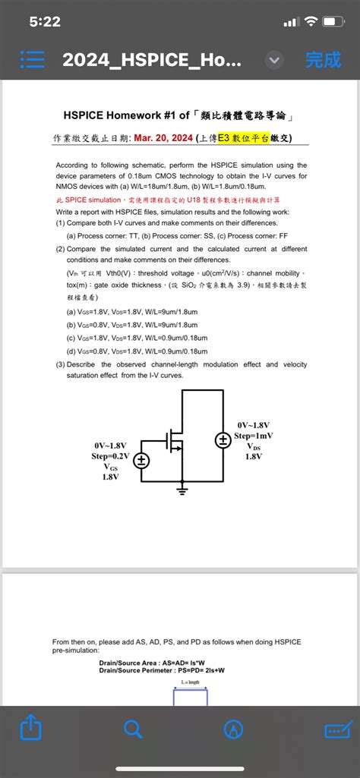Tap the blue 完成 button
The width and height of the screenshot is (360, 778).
[323, 60]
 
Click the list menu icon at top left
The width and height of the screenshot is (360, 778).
[33, 60]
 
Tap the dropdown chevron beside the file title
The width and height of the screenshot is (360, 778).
[274, 60]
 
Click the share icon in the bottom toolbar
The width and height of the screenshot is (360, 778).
[30, 729]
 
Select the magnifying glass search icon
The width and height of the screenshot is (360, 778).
[132, 729]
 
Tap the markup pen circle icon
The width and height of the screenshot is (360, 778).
[233, 729]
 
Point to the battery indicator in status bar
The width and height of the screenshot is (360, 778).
[333, 22]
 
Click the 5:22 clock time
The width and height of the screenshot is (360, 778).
[45, 22]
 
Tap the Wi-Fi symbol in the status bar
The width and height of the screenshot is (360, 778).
[310, 22]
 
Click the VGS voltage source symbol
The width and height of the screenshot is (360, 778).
[141, 460]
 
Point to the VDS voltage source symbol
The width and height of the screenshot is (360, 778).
[223, 440]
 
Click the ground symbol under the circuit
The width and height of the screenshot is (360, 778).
[182, 492]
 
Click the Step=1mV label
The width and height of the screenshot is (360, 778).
[253, 436]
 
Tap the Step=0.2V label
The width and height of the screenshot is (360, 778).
[111, 455]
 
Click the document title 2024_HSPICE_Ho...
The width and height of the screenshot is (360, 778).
[152, 60]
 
